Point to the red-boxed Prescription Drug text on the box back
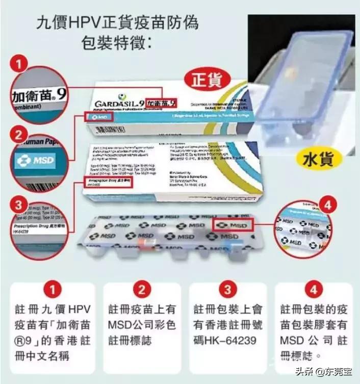coord(107,181)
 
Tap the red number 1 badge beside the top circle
coord(20,65)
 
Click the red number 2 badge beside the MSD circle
coord(19,136)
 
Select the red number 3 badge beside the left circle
coord(19,206)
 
